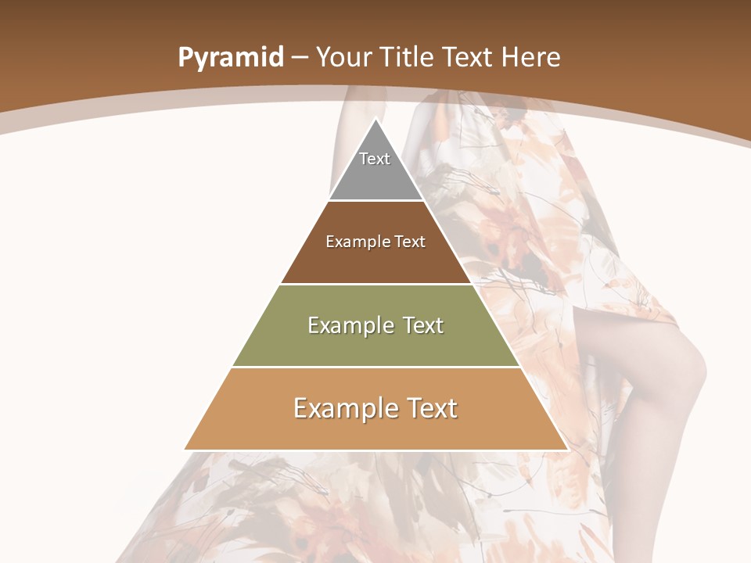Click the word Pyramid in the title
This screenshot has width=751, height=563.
pyautogui.click(x=230, y=58)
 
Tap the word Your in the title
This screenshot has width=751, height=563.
pyautogui.click(x=345, y=58)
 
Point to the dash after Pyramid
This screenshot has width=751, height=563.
pyautogui.click(x=300, y=59)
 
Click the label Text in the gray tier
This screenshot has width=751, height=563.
pyautogui.click(x=375, y=159)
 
